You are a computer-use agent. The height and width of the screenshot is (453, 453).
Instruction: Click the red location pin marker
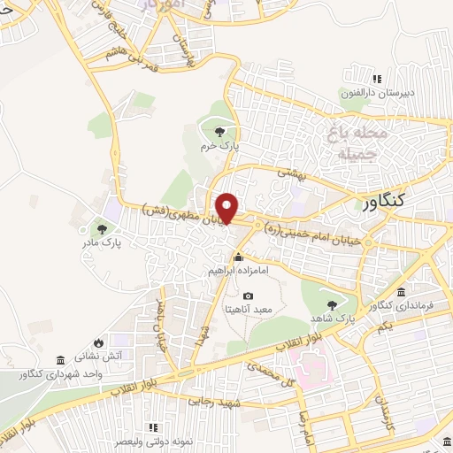pos(228,207)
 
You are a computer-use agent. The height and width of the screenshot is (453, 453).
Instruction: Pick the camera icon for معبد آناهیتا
pos(247,296)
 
